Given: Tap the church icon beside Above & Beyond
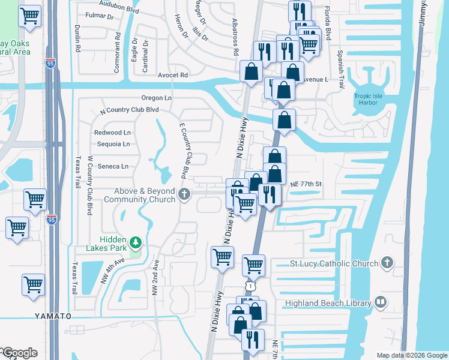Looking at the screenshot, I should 184,194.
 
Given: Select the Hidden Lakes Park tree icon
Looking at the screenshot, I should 136,242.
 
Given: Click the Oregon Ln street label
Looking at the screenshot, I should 156,98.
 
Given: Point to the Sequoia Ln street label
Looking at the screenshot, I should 113,144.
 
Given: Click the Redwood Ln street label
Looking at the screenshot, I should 112,132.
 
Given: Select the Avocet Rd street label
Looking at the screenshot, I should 173,76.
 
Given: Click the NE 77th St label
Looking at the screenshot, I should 306,184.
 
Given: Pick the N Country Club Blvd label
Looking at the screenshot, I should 129,110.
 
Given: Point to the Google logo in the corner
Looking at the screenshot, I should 19,353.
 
